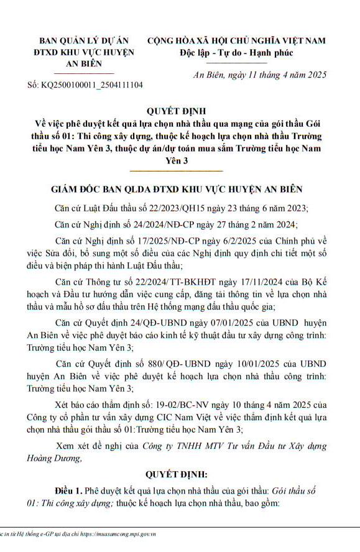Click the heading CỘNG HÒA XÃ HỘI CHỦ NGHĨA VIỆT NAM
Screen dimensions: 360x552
236,40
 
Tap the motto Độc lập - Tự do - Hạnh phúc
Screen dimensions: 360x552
236,52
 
